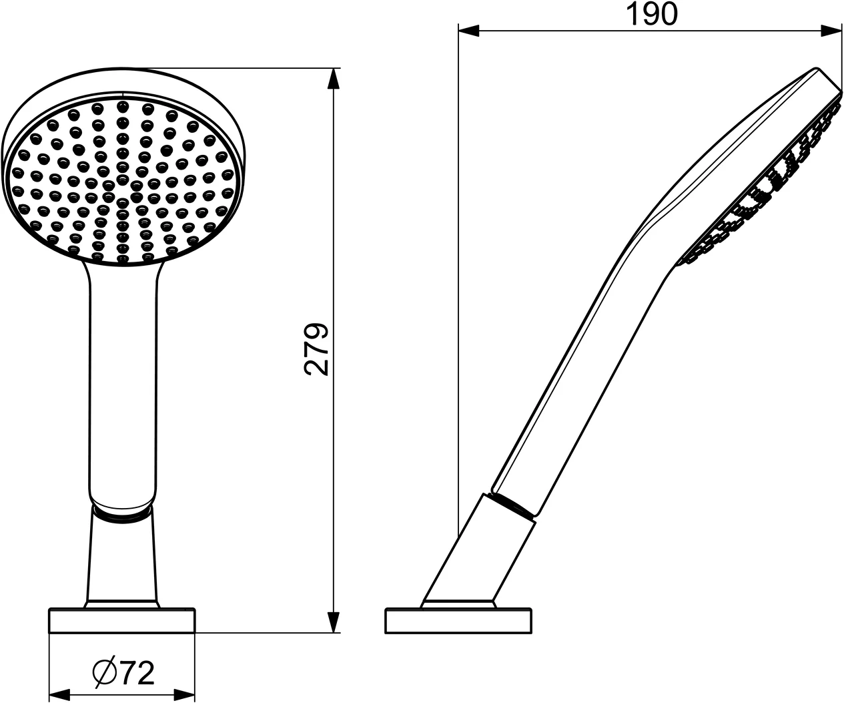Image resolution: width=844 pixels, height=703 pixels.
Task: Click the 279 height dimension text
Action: pos(317,349)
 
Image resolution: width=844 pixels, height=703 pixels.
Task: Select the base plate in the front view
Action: pos(121,620)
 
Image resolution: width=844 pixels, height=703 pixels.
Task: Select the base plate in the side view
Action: pos(459,620)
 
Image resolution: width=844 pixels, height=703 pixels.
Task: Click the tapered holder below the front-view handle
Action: pos(122,561)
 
